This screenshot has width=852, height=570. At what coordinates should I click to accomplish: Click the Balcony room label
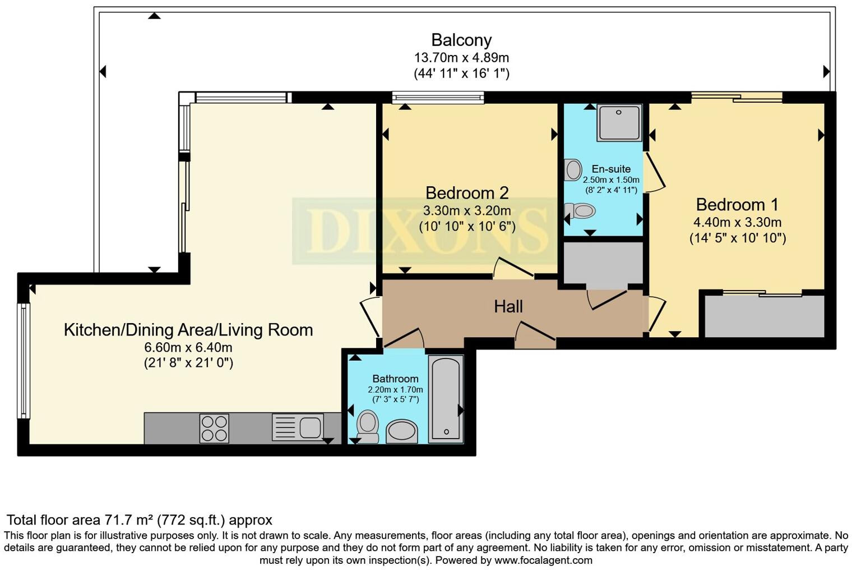[x=461, y=40]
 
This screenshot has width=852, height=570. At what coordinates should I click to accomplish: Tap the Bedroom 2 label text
[x=467, y=193]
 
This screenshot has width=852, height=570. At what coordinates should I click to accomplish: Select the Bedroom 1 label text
[x=737, y=204]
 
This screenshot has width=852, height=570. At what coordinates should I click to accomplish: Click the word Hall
[x=508, y=306]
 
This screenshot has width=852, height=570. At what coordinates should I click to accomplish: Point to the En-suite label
[x=611, y=169]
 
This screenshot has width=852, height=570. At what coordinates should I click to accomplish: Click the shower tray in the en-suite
[x=619, y=122]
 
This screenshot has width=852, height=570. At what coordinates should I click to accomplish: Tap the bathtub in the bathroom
[x=446, y=398]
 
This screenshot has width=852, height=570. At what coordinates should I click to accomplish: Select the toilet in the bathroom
[x=368, y=426]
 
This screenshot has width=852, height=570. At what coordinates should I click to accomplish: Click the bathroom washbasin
[x=402, y=431]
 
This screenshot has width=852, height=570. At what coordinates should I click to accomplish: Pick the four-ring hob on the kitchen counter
[x=214, y=428]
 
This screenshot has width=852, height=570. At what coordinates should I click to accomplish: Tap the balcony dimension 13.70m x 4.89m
[x=461, y=57]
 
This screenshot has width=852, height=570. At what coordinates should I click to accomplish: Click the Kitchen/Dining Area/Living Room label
[x=188, y=329]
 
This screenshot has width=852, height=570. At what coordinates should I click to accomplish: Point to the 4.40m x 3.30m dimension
[x=737, y=222]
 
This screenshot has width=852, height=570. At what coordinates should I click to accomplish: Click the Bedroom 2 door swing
[x=513, y=268]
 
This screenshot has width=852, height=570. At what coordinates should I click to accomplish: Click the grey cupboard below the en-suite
[x=603, y=263]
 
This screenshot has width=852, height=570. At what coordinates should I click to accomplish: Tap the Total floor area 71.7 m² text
[x=139, y=520]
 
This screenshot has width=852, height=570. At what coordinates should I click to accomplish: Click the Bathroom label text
[x=395, y=379]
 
